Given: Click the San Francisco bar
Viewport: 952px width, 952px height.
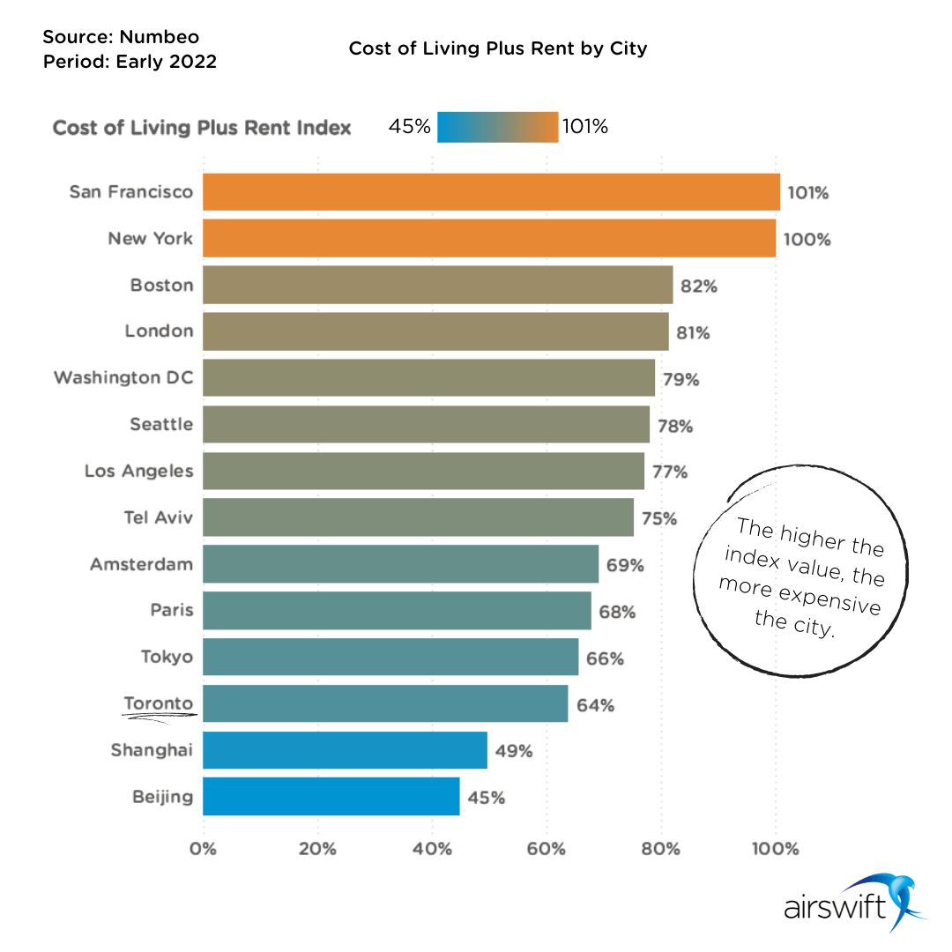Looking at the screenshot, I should pos(491,192).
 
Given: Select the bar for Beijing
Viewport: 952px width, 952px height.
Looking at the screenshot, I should pos(331,797).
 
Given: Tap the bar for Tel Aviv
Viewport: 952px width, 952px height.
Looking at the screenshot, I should pos(418,517).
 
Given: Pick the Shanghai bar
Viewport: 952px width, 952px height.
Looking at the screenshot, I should pos(345,750).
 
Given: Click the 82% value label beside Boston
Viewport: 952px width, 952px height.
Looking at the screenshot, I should pos(699,286).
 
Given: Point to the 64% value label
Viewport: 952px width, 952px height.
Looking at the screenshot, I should pos(596,705).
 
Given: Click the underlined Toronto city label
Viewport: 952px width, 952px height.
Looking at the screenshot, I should pos(159,703).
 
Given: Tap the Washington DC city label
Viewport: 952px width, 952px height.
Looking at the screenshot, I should pos(123,378).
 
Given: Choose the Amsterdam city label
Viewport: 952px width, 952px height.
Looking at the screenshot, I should pos(141,564).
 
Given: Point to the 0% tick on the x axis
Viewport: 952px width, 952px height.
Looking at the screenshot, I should pos(204,850).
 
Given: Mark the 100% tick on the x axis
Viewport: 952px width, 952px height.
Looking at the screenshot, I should pos(776,850).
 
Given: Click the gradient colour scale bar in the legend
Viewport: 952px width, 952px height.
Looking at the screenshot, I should pos(497,127).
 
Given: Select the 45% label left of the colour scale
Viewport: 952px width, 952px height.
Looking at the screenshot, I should pos(409,127).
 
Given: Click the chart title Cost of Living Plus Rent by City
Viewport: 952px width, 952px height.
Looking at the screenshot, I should pos(498,48).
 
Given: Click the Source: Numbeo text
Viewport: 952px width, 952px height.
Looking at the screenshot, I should pos(121,37).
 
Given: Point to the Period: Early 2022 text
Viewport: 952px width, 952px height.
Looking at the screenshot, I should pos(130,62).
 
